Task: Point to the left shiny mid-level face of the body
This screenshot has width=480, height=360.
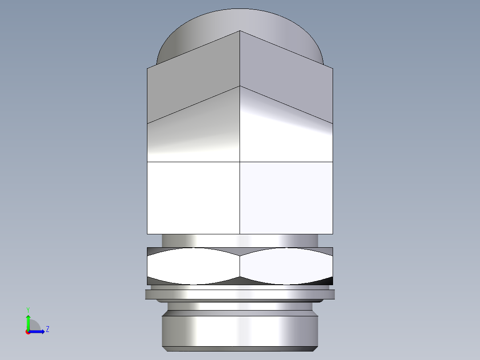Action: tap(193, 134)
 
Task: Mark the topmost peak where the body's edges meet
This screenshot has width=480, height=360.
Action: tap(240, 31)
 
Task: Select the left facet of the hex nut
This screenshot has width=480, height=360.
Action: tap(193, 266)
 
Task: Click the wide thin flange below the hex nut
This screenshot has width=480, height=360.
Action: tap(240, 295)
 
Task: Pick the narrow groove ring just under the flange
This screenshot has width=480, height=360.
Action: tap(240, 307)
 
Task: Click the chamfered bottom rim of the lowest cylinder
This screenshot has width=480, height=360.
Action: tap(240, 349)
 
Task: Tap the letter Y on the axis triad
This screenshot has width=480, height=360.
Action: tap(28, 309)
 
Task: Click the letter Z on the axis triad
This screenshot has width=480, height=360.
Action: tap(47, 329)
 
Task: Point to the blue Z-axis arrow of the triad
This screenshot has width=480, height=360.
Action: tap(38, 331)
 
